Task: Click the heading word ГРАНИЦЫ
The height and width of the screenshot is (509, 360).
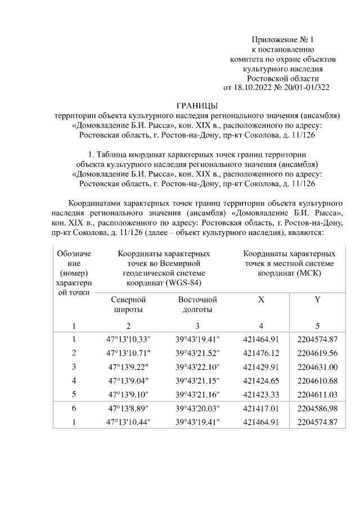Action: tap(196, 105)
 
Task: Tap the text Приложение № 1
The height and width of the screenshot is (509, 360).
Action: tap(283, 40)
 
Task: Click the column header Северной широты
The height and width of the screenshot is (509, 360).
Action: tap(128, 304)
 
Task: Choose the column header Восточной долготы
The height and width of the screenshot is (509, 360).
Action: tap(197, 304)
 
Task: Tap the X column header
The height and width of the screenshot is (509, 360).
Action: tap(261, 300)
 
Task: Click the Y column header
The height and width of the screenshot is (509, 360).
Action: tap(317, 300)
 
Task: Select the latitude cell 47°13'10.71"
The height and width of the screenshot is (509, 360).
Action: tap(128, 353)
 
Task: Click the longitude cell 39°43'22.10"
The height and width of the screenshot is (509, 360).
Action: tap(197, 366)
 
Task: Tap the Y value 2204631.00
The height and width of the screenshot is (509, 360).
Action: tap(317, 366)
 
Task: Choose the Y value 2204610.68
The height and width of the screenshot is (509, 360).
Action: tap(317, 380)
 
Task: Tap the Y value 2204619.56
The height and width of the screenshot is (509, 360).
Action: tap(317, 353)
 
